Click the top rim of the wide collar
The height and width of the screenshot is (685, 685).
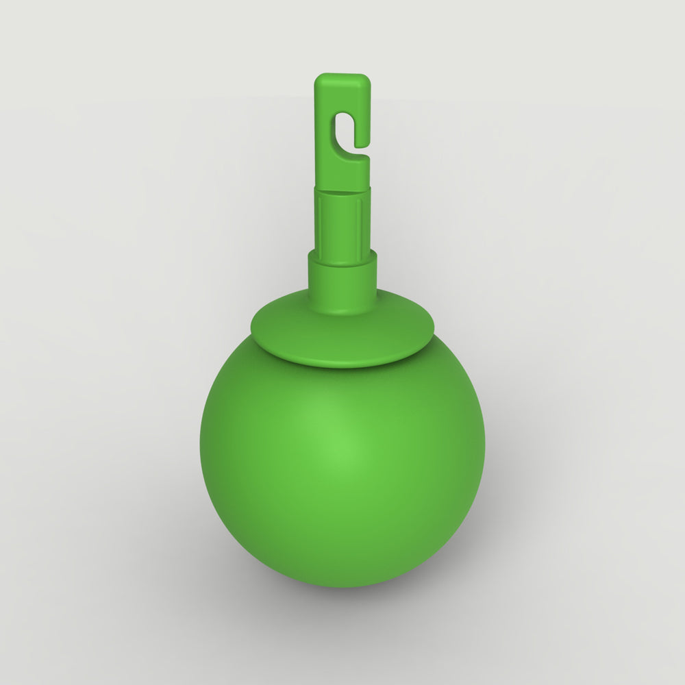[342, 255]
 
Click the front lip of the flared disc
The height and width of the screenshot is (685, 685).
[342, 364]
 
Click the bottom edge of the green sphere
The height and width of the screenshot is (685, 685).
[342, 586]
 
